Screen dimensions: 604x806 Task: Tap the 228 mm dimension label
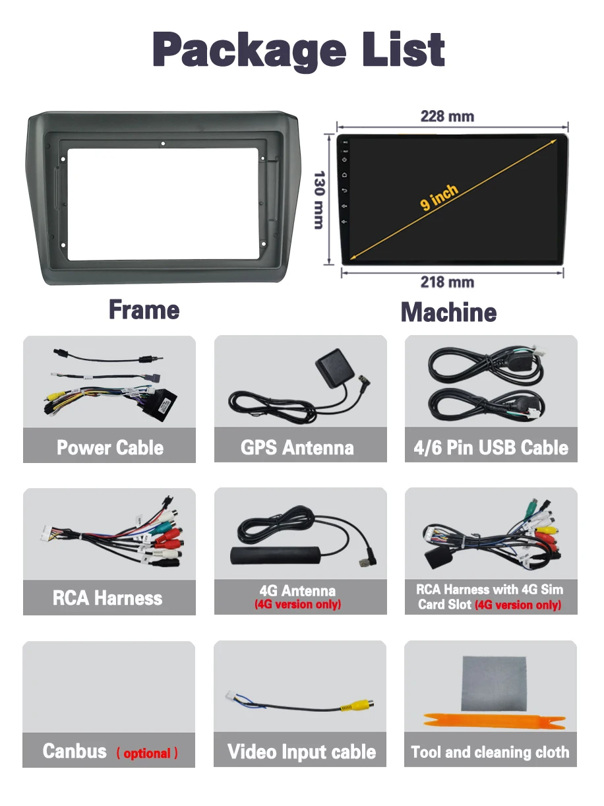click(447, 117)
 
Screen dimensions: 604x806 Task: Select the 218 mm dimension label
click(447, 282)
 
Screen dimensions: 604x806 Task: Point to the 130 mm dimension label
click(319, 200)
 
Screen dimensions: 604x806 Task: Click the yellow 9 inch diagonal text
click(439, 197)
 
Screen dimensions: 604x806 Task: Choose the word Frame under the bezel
click(144, 310)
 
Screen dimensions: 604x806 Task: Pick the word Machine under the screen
click(448, 312)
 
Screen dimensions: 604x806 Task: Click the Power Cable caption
click(109, 448)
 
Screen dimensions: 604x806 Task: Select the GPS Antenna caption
click(297, 448)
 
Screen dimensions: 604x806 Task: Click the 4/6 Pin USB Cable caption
click(491, 448)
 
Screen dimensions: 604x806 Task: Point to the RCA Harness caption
click(107, 598)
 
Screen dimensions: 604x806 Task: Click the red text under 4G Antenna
click(297, 604)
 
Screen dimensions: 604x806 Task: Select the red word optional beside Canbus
click(147, 753)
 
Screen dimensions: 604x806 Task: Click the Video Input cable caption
click(301, 752)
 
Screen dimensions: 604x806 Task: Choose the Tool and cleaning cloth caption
click(490, 752)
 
